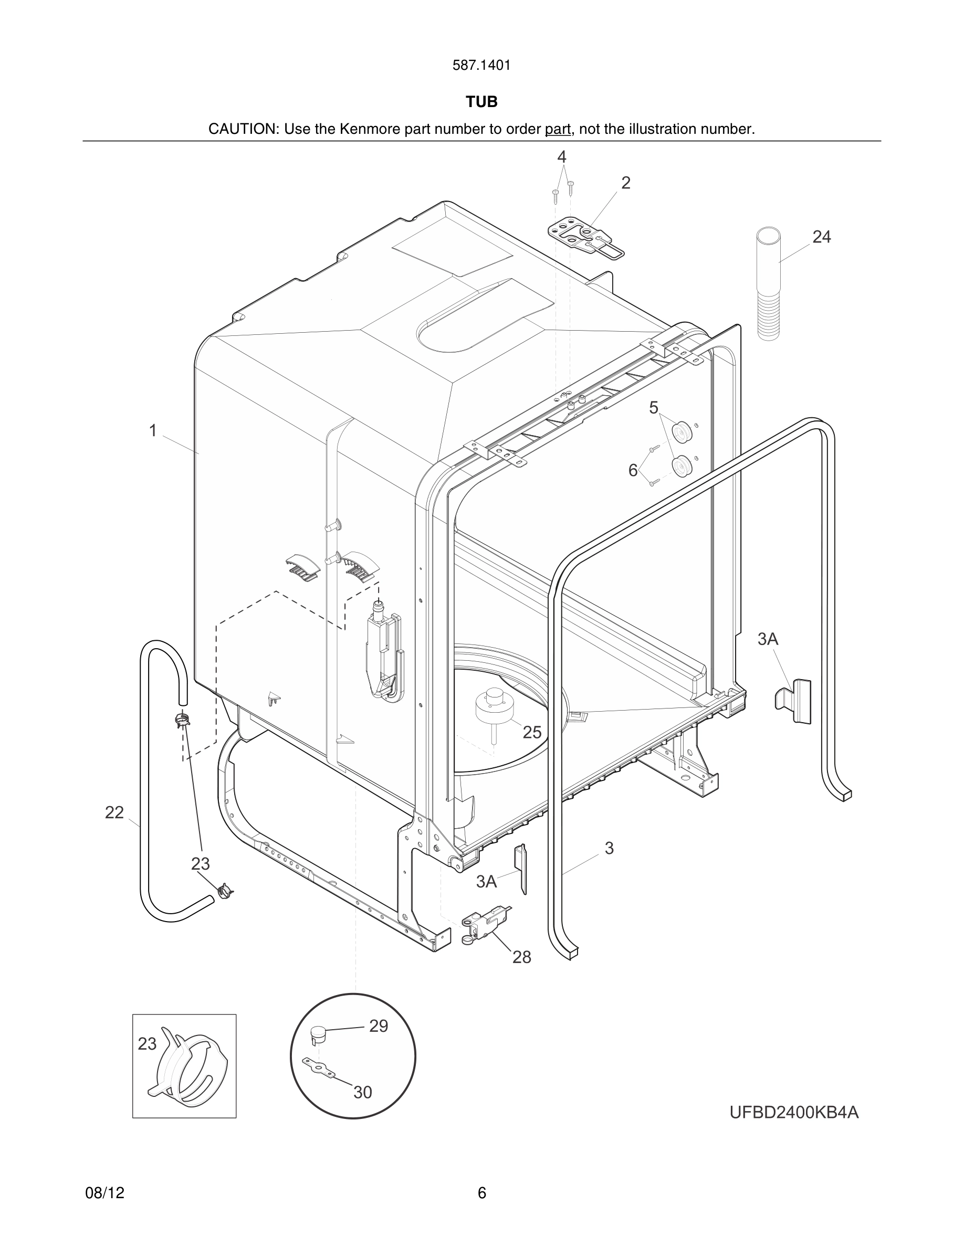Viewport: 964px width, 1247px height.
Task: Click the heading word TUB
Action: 481,102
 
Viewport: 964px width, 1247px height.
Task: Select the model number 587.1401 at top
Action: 481,66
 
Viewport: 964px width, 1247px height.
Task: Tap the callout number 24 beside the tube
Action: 821,237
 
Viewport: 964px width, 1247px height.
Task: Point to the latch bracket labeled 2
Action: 586,239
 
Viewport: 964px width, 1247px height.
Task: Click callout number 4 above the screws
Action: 561,156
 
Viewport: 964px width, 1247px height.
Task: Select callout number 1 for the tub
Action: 152,430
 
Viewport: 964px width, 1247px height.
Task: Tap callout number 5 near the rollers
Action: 653,408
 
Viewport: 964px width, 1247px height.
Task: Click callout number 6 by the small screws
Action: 633,470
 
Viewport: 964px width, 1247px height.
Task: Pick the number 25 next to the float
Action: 532,733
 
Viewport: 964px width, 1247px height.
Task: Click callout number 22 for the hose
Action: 114,812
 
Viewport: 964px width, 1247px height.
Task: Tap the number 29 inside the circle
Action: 378,1026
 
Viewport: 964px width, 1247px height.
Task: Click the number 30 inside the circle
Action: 363,1092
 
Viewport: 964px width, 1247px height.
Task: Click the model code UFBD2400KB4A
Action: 794,1112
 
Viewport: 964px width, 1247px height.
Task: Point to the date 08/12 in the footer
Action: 104,1193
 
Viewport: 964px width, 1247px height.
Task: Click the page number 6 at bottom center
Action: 481,1193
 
